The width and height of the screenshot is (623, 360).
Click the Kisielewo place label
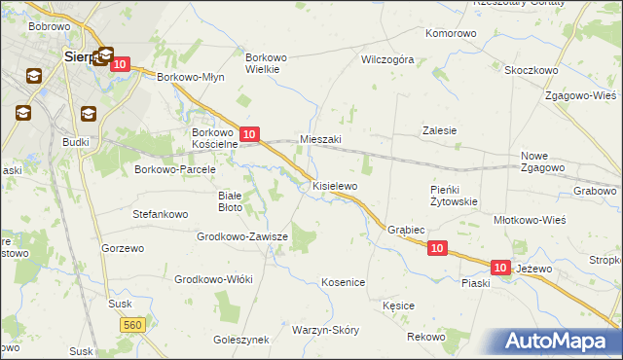click(334, 185)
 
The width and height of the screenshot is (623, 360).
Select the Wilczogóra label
click(387, 58)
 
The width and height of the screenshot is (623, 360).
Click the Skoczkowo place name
click(531, 71)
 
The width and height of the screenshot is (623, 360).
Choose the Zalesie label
click(439, 130)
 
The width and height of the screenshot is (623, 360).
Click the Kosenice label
click(343, 282)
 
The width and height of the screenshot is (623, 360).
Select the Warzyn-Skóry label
click(325, 330)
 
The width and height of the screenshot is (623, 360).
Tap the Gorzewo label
click(123, 248)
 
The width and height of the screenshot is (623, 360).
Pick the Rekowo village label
click(425, 337)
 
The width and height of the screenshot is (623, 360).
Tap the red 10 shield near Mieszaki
click(249, 133)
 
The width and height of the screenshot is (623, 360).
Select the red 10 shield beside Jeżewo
click(500, 267)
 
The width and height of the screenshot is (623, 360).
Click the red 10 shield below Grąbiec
click(437, 249)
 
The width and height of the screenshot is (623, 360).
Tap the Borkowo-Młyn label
click(191, 78)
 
